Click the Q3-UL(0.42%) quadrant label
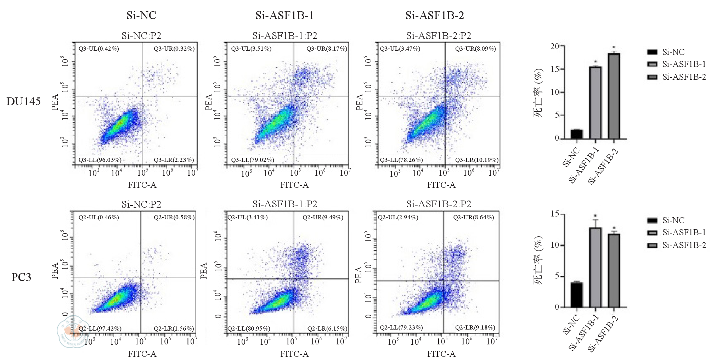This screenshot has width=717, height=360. click(98, 49)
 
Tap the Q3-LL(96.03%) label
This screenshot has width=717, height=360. click(100, 160)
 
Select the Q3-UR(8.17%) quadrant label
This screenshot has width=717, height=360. click(327, 49)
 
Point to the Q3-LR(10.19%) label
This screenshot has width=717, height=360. click(477, 160)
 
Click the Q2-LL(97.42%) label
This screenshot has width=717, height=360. click(100, 328)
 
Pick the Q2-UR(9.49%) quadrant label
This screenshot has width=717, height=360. click(323, 217)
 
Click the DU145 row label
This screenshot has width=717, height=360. click(23, 102)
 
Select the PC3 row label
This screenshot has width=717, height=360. click(21, 277)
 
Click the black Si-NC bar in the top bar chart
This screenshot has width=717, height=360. click(577, 134)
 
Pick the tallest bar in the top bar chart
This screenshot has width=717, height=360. click(614, 96)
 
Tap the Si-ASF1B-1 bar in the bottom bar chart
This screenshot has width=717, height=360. click(595, 268)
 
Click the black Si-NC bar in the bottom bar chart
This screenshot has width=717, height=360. click(577, 295)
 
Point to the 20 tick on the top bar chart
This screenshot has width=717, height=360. click(555, 46)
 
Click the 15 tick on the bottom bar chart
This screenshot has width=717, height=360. click(555, 214)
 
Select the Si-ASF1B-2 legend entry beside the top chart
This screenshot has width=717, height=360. click(684, 77)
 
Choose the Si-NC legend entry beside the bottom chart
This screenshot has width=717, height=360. click(673, 220)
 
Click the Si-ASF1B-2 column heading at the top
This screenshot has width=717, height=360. click(435, 15)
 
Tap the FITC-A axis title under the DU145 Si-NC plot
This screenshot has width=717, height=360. click(142, 185)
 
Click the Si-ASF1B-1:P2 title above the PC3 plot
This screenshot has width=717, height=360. click(284, 204)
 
